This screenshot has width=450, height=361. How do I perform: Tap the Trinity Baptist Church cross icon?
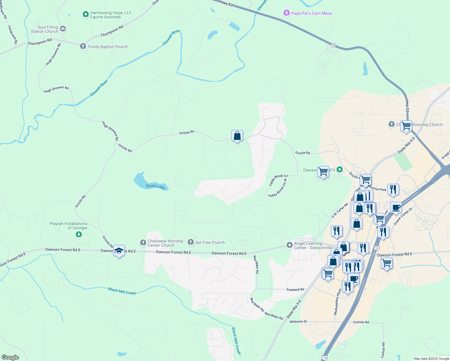tap(83, 46)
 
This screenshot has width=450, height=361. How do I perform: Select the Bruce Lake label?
tap(156, 186)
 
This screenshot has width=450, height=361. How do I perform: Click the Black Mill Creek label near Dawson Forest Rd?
tap(122, 291)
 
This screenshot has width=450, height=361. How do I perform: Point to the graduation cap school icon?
tap(119, 251)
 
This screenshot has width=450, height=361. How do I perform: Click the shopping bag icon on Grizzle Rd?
tap(237, 136)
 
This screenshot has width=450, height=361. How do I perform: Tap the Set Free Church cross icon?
tap(190, 242)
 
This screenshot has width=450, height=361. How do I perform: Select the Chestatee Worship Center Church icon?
tap(143, 242)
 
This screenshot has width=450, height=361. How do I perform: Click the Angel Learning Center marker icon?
tap(289, 245)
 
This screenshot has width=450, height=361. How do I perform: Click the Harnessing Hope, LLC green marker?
tap(85, 14)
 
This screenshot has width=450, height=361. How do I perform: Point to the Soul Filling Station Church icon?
tap(63, 29)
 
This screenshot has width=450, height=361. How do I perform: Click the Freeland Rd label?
tap(295, 289)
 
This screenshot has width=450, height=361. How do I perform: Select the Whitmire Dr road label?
tap(298, 322)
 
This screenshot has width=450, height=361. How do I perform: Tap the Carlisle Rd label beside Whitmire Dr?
tap(361, 322)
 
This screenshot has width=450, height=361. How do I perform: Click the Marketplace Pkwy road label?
tap(338, 302)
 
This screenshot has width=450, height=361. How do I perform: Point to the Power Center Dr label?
tap(403, 216)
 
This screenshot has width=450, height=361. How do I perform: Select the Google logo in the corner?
tap(10, 357)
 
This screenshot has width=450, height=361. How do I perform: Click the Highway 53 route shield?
tap(333, 45)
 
